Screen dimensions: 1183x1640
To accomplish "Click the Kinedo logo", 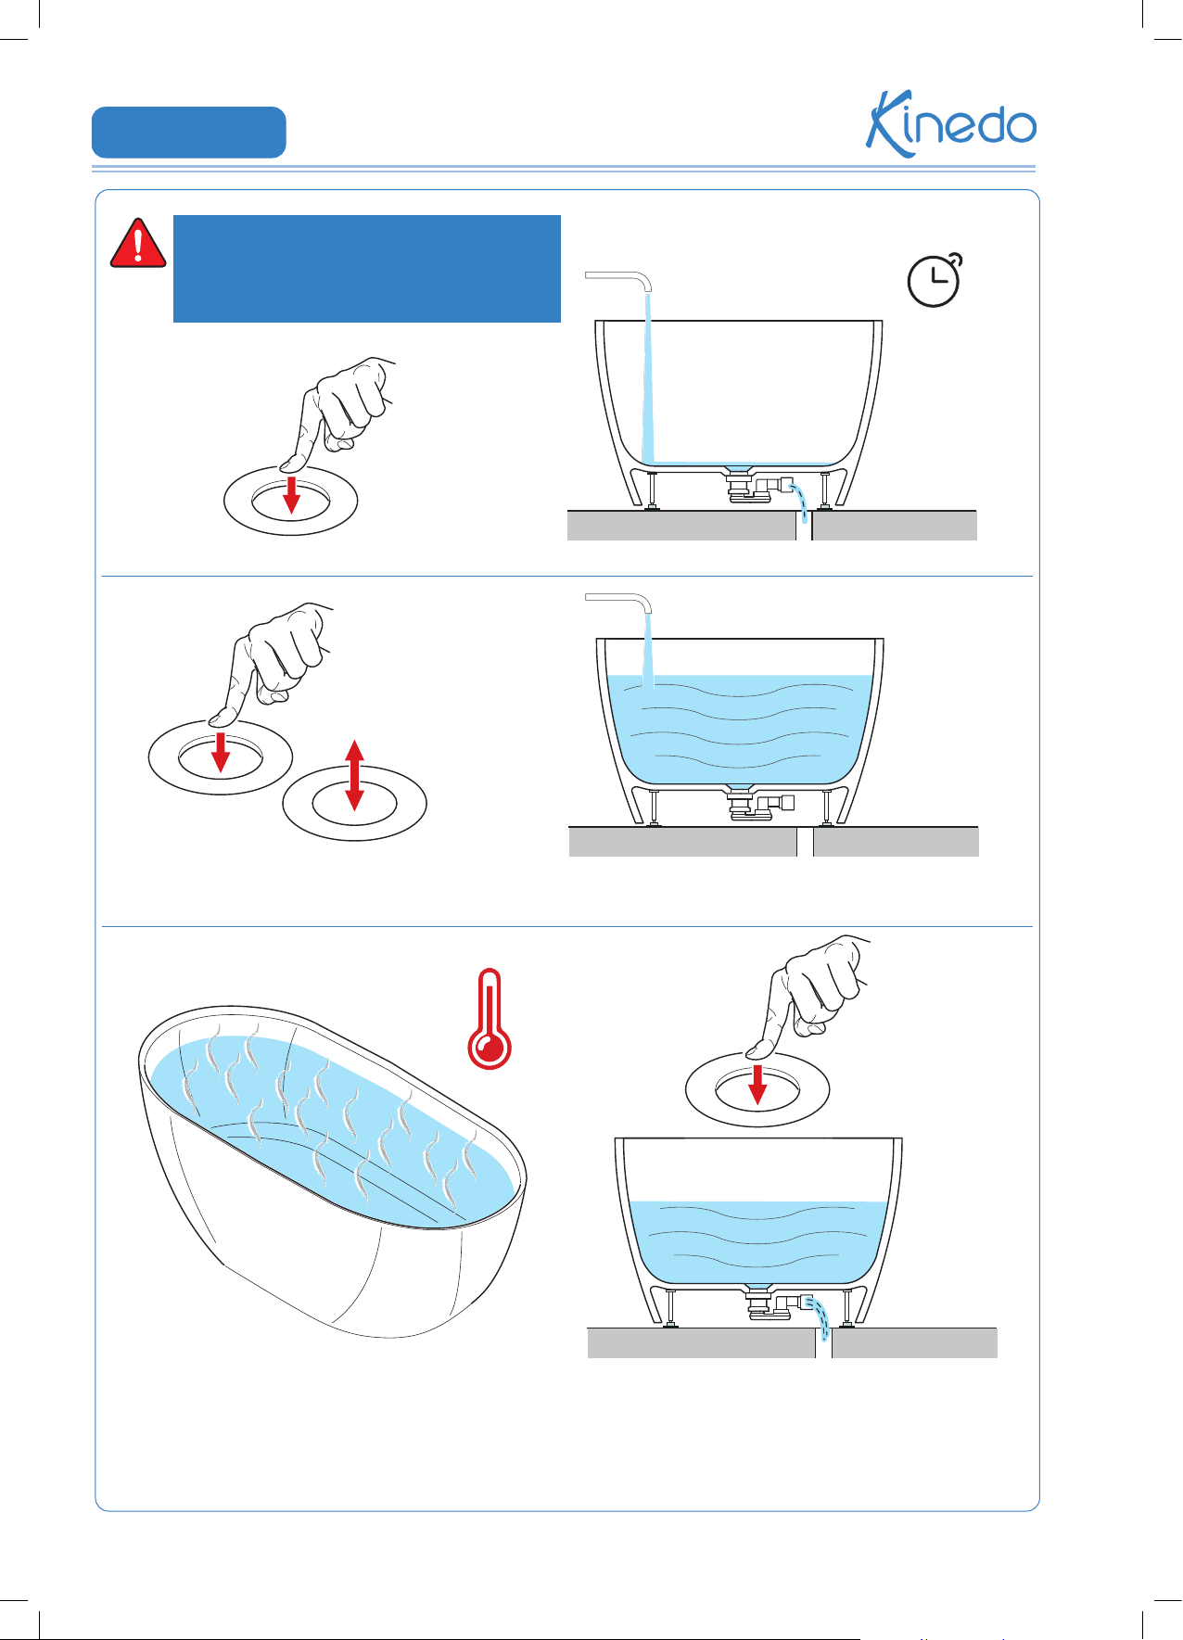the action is click(951, 123).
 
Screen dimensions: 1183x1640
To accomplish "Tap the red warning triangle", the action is click(138, 244).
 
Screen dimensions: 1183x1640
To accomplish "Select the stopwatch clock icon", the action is click(935, 279).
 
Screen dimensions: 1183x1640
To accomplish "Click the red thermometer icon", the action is click(490, 1019).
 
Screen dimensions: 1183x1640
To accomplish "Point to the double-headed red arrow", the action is click(354, 775).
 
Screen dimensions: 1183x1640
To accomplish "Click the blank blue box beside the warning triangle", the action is click(367, 269).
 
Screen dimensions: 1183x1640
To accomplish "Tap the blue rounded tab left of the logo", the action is click(189, 133).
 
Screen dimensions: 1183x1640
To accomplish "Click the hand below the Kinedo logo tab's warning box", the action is click(338, 412).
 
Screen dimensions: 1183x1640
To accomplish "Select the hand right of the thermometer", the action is click(808, 996).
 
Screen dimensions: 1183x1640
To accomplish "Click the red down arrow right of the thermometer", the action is click(758, 1085).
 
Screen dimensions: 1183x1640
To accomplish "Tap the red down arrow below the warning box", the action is click(291, 494).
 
